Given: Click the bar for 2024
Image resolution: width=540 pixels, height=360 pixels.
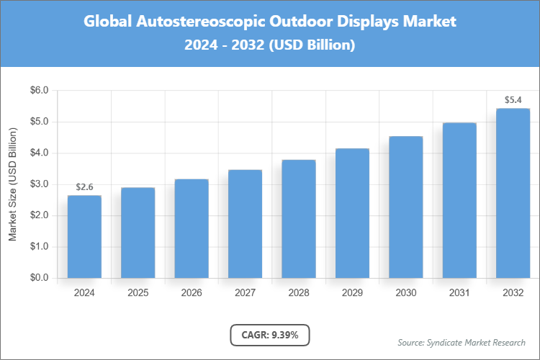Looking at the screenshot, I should (x=84, y=236).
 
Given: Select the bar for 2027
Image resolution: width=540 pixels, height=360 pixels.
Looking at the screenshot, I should (x=245, y=223).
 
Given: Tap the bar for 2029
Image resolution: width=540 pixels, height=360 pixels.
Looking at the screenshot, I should (x=352, y=213).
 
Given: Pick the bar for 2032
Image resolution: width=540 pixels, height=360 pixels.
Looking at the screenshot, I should (x=513, y=193).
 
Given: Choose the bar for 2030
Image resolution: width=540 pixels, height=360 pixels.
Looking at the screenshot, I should (x=405, y=207).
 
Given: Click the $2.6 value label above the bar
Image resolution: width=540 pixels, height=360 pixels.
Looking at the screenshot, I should (x=84, y=187).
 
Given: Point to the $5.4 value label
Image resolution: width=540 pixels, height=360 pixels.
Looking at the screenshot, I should (x=513, y=100).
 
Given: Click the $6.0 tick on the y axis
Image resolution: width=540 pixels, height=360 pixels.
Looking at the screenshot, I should (x=38, y=91).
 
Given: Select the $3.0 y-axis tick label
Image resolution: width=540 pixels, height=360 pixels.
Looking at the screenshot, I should (x=38, y=184).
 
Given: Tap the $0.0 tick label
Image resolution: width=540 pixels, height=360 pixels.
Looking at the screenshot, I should (x=38, y=278).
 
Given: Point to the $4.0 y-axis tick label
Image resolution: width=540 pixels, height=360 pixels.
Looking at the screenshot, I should (x=38, y=153).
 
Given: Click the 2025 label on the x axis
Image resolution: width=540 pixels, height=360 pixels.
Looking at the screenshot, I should (x=138, y=293).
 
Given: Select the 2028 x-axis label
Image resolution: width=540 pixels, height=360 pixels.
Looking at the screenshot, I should (x=298, y=293).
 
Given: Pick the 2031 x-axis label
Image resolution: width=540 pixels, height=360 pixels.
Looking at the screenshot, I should (x=459, y=293).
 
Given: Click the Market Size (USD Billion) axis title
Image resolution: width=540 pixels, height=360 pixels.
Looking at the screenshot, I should (x=12, y=184).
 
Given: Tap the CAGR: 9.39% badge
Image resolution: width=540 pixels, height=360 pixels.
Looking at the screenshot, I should (x=270, y=335).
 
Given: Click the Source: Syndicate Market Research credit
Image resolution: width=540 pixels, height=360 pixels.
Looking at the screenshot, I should (x=462, y=342).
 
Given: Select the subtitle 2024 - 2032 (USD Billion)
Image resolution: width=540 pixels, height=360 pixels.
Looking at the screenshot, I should (x=270, y=45).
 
